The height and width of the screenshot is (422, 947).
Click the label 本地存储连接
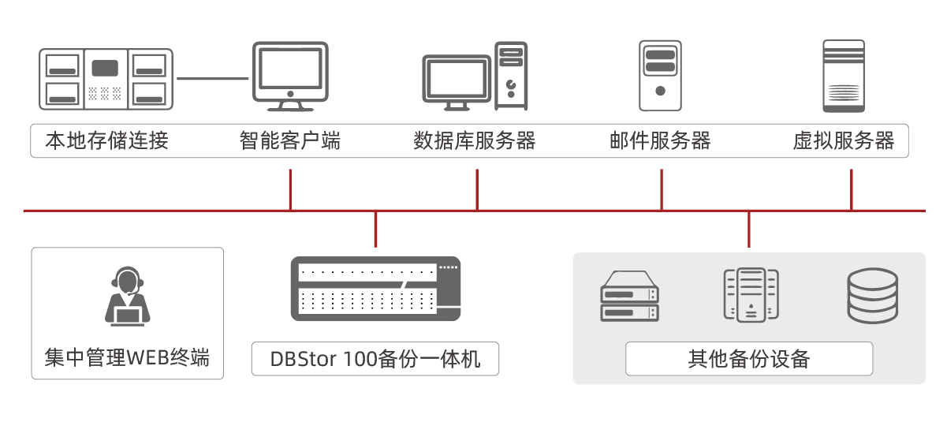106,141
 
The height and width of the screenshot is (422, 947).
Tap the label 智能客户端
290,141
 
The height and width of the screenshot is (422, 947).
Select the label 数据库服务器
475,141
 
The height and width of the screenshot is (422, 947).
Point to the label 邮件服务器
660,141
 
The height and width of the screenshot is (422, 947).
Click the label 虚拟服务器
844,141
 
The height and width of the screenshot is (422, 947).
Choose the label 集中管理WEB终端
127,357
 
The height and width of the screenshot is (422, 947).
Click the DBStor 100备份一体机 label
375,359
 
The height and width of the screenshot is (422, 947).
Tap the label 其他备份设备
748,359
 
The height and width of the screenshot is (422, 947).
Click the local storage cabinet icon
106,79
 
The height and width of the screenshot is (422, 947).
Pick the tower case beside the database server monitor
511,76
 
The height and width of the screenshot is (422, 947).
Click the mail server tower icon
659,75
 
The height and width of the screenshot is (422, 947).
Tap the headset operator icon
127,296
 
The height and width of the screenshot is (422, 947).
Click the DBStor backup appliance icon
375,289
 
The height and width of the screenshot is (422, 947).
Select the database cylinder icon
872,296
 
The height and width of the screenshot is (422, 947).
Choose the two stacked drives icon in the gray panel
629,297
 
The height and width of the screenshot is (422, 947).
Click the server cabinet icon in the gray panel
751,295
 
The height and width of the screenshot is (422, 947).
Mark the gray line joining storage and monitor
212,78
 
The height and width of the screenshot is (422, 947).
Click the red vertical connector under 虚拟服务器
852,189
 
